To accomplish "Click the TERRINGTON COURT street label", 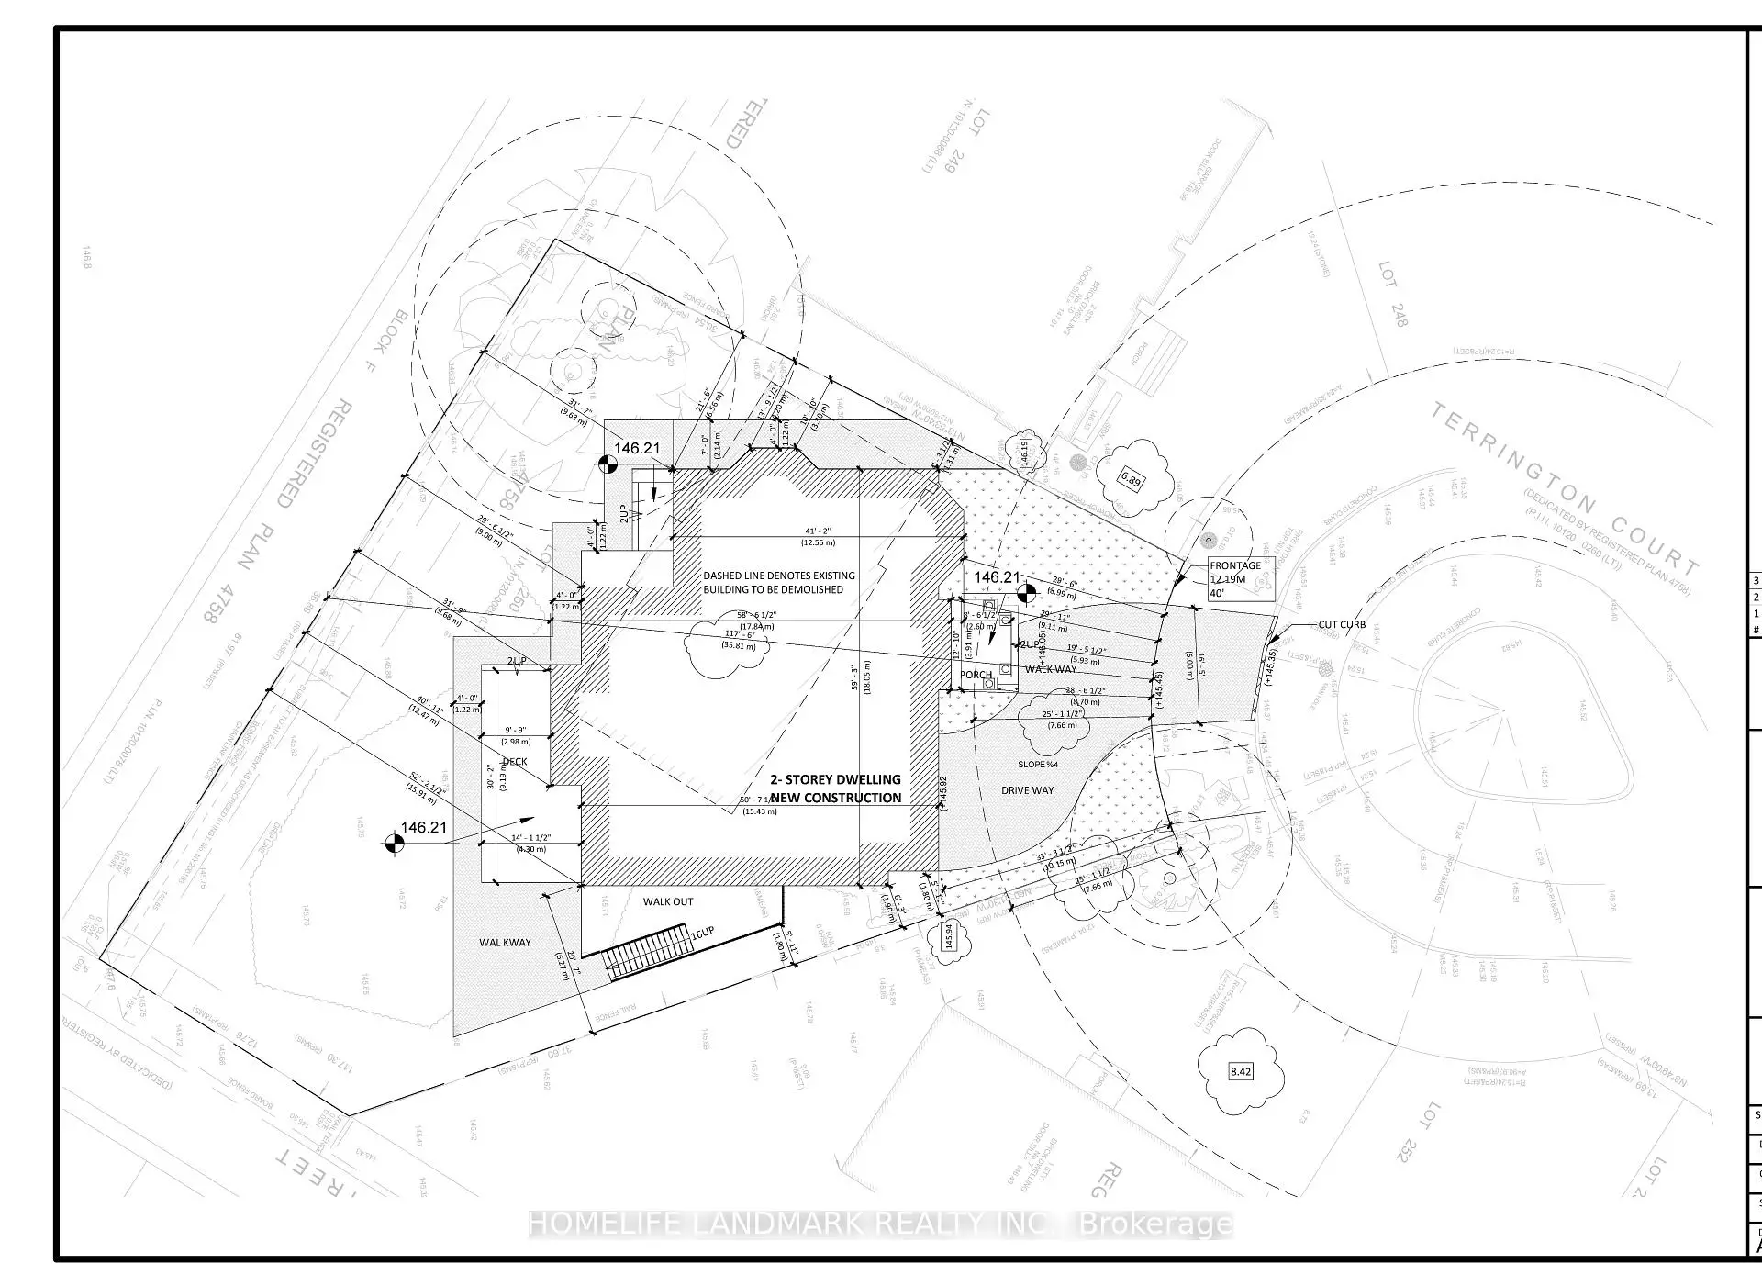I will coord(1565,486).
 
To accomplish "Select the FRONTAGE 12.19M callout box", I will coord(1235,579).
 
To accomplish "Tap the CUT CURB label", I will coord(1342,625).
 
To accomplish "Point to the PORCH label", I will coord(976,675).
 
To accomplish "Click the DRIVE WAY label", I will coord(1027,790).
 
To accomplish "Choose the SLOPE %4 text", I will coord(1038,765).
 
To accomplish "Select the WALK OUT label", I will coord(668,901).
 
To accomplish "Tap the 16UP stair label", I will coord(702,934).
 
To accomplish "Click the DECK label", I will coord(515,762).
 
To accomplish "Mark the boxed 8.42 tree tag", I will coord(1241,1071).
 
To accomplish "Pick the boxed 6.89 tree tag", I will coord(1132,480).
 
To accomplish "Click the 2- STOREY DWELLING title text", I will coord(835,788).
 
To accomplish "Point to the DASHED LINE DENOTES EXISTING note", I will coord(779,582).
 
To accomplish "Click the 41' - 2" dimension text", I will coord(820,531).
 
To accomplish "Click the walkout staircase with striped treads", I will coord(646,951).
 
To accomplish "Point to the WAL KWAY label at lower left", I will coord(505,943).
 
